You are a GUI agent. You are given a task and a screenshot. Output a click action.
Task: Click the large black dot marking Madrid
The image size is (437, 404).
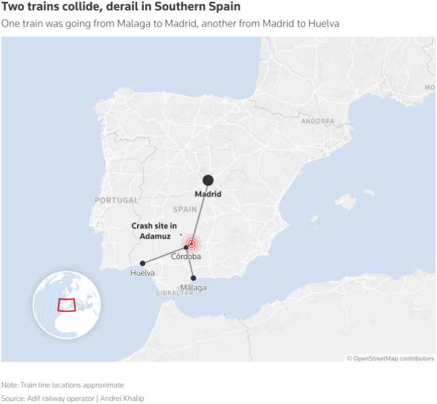(208, 180)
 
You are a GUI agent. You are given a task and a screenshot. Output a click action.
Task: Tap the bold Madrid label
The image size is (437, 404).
(208, 194)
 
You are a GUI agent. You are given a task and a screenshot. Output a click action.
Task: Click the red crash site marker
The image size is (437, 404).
(192, 244)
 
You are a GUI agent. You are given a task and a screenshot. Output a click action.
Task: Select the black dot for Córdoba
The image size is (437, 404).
(186, 247)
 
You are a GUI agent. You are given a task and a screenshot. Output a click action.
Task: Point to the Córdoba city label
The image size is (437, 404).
(186, 257)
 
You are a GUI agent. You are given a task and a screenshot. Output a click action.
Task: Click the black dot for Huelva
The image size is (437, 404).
(143, 263)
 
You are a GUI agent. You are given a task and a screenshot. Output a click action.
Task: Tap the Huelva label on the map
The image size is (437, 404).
(143, 273)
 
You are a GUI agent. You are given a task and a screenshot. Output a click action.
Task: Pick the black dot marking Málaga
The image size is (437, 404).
(193, 278)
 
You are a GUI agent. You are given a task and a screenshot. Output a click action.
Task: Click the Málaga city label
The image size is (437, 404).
(194, 287)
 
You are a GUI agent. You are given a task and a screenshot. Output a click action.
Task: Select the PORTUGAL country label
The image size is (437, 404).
(117, 200)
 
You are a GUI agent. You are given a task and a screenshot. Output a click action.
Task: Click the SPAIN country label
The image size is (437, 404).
(184, 209)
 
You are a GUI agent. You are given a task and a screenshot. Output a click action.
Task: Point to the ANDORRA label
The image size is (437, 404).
(318, 122)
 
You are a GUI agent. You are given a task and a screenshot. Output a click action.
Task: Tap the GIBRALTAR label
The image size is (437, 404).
(175, 293)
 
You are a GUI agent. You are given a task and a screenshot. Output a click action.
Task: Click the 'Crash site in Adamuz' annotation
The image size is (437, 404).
(154, 231)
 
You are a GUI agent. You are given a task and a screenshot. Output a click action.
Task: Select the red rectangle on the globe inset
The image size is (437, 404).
(66, 305)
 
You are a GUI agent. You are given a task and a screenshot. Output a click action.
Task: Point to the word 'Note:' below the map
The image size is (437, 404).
(10, 385)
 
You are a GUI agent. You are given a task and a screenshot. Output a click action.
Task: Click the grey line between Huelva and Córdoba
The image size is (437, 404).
(164, 255)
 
